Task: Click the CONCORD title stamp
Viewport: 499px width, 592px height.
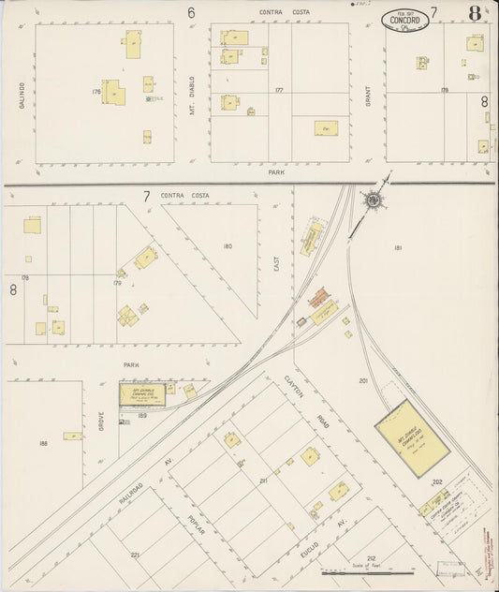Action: coord(402,16)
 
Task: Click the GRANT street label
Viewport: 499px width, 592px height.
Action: coord(368,93)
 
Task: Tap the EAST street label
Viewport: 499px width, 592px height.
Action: coord(276,265)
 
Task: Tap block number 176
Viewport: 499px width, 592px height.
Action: coord(95,92)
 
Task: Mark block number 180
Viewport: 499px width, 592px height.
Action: coord(227,246)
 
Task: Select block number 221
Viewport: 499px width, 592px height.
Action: coord(135,555)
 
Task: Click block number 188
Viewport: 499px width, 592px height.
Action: coord(43,443)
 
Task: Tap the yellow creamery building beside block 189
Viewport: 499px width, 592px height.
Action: coord(142,395)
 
